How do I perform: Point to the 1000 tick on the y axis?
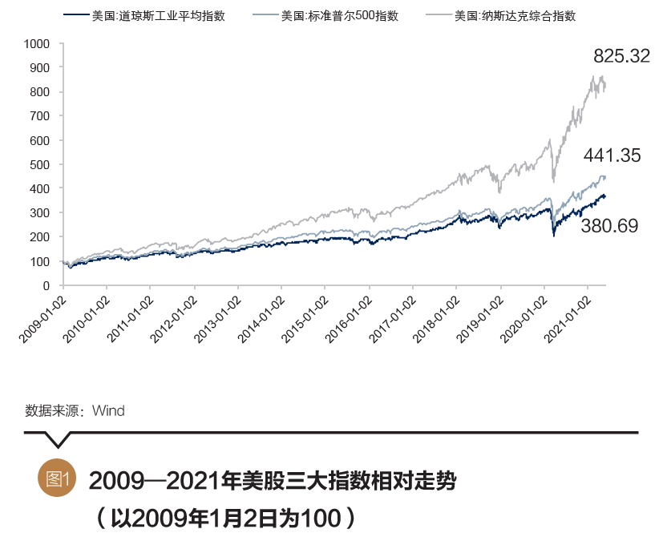coord(36,44)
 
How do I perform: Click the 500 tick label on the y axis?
coord(40,165)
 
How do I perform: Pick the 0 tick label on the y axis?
coord(46,285)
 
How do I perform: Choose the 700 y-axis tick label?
coord(40,116)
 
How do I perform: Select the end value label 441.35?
coord(612,155)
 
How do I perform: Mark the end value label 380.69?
coord(609,226)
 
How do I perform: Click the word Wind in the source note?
coord(108,411)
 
